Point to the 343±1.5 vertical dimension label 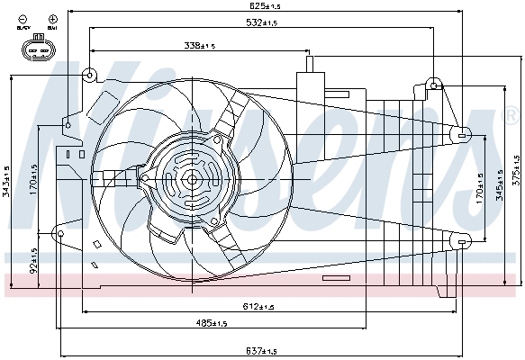pos(6,179)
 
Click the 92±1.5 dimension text pos(34,262)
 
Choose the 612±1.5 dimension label pos(260,307)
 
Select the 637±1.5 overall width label pos(262,350)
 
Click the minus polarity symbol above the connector pos(22,19)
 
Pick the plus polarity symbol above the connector pos(53,19)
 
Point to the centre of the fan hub pos(192,179)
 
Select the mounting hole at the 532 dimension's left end pos(90,75)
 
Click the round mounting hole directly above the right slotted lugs pos(435,85)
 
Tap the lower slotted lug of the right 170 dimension pos(462,242)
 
